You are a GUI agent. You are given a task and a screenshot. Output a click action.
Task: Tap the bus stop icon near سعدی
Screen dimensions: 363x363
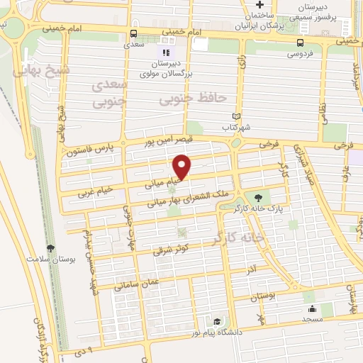pos(134,33)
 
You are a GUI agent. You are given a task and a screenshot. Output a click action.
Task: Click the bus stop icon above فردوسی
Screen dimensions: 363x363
pos(293,42)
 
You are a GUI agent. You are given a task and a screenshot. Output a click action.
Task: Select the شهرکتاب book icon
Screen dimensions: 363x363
pos(237,117)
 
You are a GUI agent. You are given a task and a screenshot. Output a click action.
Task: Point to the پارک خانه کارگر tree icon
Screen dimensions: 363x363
pos(257,198)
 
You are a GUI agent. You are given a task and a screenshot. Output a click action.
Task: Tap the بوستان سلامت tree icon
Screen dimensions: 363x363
pos(50,247)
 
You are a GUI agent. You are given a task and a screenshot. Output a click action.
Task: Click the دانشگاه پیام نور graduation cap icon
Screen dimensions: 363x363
pos(211,321)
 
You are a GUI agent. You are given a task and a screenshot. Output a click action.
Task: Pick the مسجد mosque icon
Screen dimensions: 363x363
pos(311,309)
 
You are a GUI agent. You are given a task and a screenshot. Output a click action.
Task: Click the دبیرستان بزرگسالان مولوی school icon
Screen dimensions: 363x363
pos(165,52)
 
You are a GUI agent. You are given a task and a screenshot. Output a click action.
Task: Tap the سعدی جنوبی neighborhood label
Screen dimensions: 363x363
pos(110,93)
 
